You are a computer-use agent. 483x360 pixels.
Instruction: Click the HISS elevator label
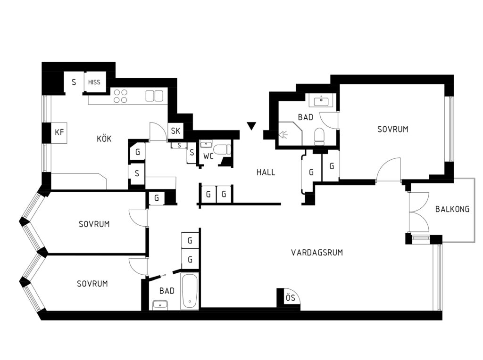[94, 82]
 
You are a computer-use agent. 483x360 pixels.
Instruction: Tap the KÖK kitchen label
[104, 139]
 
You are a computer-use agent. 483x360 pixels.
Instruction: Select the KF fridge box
[59, 132]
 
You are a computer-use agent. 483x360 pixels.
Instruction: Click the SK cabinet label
[175, 131]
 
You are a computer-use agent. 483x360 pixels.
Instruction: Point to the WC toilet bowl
[222, 149]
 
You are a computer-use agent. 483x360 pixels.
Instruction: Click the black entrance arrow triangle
[251, 126]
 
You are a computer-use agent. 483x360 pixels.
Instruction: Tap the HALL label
[266, 172]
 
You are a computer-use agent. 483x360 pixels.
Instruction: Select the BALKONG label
[452, 209]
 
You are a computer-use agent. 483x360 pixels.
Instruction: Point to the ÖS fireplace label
[291, 297]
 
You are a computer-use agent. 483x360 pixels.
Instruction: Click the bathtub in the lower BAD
[189, 291]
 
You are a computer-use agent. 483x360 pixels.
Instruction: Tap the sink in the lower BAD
[160, 305]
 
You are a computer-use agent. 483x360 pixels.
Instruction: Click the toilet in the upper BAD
[319, 136]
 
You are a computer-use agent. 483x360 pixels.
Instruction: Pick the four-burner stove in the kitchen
[120, 96]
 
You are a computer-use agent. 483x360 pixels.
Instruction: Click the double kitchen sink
[154, 96]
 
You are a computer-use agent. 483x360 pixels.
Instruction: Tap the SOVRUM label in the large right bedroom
[393, 129]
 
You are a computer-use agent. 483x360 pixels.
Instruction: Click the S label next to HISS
[74, 82]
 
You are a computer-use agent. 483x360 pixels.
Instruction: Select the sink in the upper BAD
[321, 100]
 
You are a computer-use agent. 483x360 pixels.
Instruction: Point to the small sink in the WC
[206, 144]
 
